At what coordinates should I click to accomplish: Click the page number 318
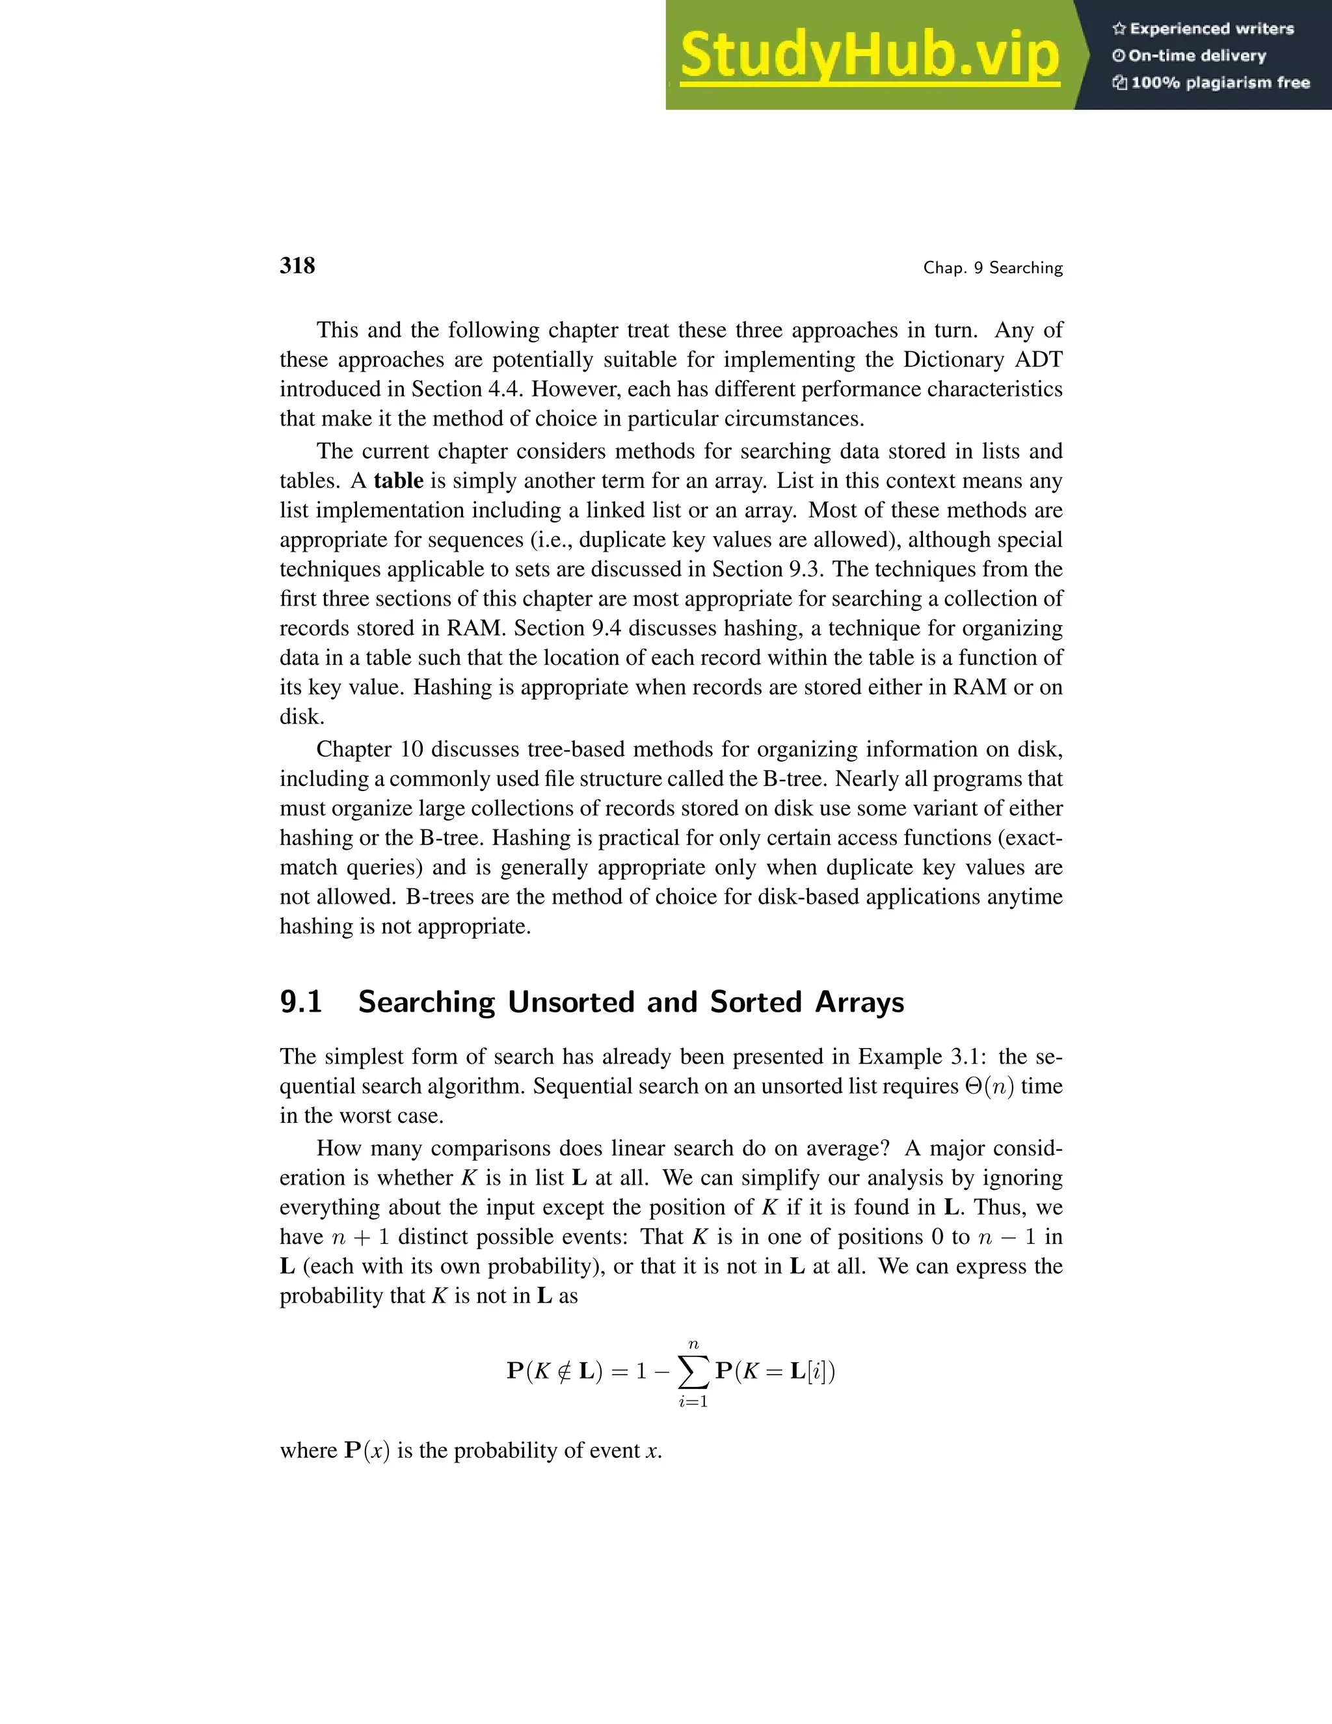pos(297,266)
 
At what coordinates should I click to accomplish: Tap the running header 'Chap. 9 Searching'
pos(992,269)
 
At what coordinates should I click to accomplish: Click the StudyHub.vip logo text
pos(869,56)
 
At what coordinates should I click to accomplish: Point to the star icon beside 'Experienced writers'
pos(1118,29)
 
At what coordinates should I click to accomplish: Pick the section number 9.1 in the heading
pos(300,1002)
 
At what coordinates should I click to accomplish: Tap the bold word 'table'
pos(399,481)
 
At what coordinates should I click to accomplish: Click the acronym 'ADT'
pos(1039,360)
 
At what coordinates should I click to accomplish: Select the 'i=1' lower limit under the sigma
pos(693,1402)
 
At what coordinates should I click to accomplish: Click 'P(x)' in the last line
pos(367,1451)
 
